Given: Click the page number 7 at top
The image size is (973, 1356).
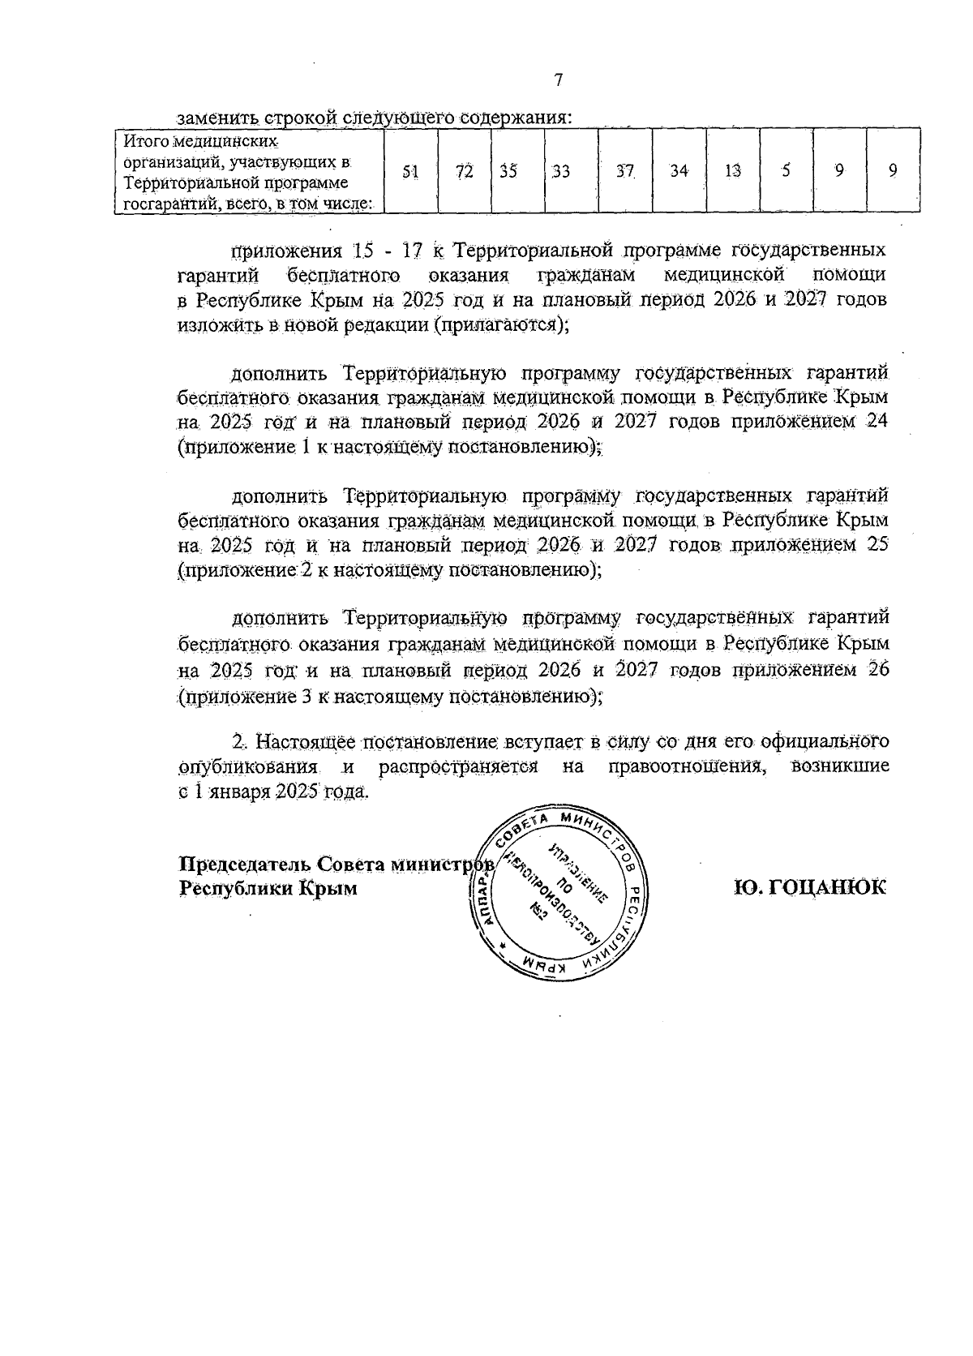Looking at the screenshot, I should tap(558, 79).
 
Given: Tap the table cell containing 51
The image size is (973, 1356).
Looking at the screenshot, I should tap(411, 171).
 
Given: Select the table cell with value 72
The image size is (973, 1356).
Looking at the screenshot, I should tap(464, 171).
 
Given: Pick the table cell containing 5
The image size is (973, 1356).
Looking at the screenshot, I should tap(786, 171).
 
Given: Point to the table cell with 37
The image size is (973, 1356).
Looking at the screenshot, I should tap(624, 171).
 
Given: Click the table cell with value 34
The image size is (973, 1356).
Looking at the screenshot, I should tap(679, 171).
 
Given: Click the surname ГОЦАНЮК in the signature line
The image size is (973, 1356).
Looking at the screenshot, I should tap(811, 886).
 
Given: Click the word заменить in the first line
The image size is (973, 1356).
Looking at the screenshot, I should tap(212, 116).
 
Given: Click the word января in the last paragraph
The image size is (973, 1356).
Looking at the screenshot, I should tap(239, 792).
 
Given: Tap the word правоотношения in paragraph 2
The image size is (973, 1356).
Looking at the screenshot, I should tap(688, 766).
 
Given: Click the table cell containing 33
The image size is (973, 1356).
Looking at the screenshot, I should tap(560, 171).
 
